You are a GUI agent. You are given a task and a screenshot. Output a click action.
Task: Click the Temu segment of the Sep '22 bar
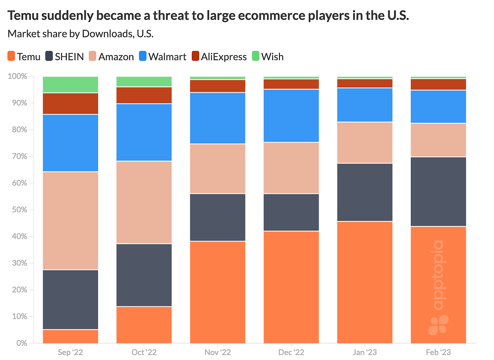[x=70, y=336]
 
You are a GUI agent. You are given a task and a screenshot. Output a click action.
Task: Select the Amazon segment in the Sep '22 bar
[x=70, y=220]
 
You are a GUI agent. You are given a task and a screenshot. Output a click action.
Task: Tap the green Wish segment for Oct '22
[x=144, y=82]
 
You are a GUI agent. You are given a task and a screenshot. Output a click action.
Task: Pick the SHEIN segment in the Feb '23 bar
[x=438, y=191]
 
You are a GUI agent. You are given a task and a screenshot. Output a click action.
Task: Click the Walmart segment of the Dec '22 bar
[x=291, y=115]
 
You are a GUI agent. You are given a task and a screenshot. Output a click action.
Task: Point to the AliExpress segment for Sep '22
[x=70, y=104]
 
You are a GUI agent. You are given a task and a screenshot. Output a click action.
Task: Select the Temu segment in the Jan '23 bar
[x=365, y=282]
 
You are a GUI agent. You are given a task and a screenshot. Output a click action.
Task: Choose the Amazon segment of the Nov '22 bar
[x=218, y=168]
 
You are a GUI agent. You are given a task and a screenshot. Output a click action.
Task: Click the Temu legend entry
[x=24, y=57]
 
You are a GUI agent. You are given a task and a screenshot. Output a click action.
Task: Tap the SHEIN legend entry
[x=64, y=57]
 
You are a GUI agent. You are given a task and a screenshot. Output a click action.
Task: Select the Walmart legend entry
[x=162, y=57]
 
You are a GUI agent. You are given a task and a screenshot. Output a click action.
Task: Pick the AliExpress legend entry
[x=219, y=57]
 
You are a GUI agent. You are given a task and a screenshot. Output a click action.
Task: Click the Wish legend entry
[x=267, y=57]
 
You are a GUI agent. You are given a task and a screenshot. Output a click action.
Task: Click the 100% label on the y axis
[x=17, y=76]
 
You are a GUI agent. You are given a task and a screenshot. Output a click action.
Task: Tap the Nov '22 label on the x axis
[x=218, y=352]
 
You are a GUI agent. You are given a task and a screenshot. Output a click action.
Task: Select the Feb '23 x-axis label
[x=438, y=352]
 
